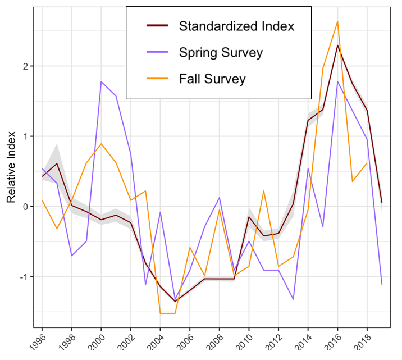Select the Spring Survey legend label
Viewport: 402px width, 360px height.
coord(221,53)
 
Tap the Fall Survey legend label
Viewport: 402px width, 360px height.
coord(212,79)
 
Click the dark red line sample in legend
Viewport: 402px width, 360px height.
coord(157,26)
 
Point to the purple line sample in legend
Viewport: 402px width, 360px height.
coord(157,53)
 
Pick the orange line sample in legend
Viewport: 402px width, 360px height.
coord(157,79)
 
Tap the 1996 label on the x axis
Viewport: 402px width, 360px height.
coord(38,340)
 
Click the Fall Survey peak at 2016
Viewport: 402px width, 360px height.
coord(337,21)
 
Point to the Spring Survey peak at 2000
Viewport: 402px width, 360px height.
coord(101,81)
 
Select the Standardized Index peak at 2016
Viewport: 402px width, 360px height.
coord(337,45)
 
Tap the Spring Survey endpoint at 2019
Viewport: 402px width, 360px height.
coord(382,284)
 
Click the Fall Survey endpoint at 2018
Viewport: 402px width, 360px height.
coord(367,163)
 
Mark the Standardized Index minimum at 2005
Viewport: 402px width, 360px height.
coord(175,302)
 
